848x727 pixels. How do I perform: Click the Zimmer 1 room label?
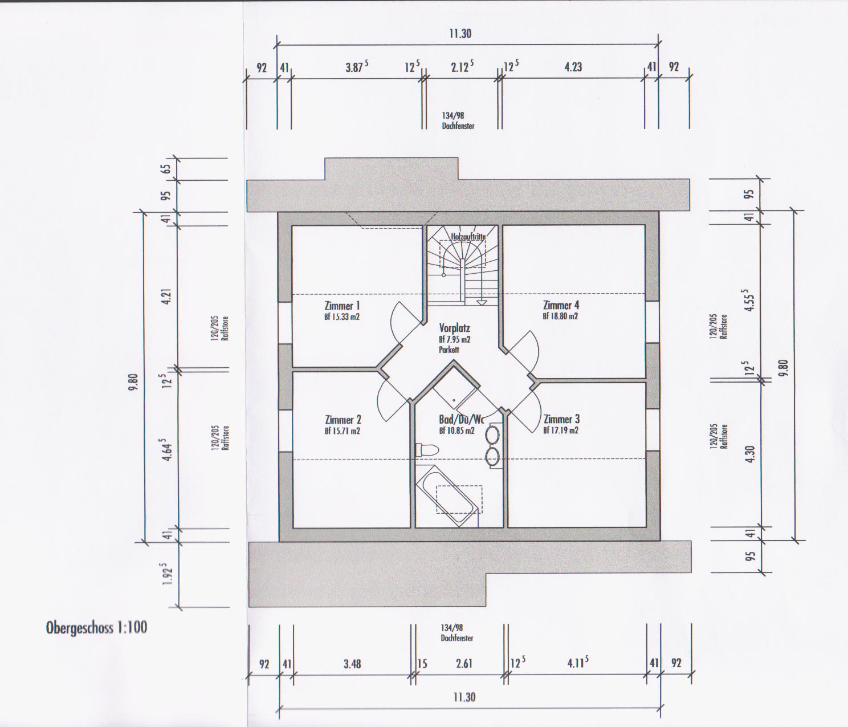[x=342, y=306]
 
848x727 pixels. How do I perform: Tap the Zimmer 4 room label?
[x=561, y=306]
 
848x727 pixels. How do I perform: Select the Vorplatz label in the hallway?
[x=455, y=328]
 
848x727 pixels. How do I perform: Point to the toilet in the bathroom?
[x=427, y=450]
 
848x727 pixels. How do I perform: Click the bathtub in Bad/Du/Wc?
[x=447, y=496]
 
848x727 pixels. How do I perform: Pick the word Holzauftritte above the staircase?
[x=468, y=237]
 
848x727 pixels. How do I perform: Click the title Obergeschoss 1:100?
[x=96, y=628]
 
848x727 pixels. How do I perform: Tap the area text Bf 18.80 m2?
[x=560, y=316]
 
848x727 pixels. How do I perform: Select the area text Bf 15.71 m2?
[x=343, y=431]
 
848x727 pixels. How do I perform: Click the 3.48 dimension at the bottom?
[x=352, y=664]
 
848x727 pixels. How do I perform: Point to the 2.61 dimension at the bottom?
[x=464, y=664]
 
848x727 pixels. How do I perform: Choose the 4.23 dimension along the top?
[x=573, y=67]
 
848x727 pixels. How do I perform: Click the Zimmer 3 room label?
[x=562, y=420]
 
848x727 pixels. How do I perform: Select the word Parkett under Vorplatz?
[x=449, y=350]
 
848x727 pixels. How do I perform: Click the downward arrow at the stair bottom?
[x=482, y=303]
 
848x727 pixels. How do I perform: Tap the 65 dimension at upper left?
[x=167, y=169]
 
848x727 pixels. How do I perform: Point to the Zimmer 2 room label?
[x=343, y=420]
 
